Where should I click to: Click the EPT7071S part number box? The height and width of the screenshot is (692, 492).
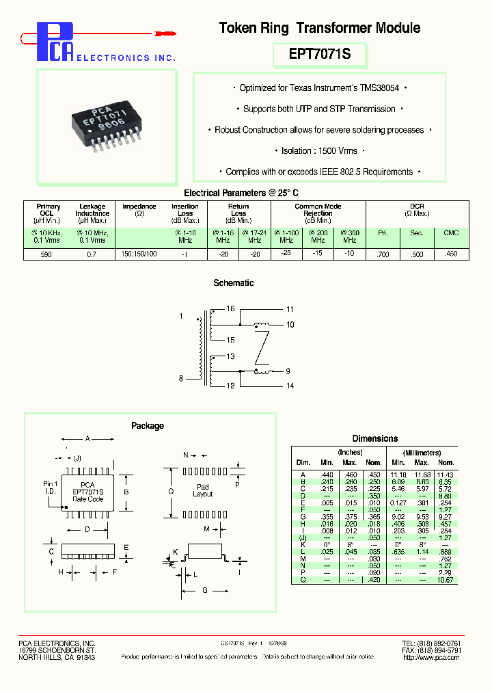[x=320, y=54]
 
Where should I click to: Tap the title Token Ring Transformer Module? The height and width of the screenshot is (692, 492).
[x=319, y=28]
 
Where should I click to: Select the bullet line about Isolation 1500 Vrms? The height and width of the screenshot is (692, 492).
[x=320, y=150]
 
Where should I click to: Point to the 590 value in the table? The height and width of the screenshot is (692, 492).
[x=48, y=254]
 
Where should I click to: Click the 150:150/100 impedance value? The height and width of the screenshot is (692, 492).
[x=139, y=254]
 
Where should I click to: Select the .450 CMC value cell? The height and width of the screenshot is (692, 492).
[x=450, y=254]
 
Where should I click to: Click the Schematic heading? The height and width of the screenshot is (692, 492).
[x=234, y=282]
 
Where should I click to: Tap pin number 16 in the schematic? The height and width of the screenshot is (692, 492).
[x=230, y=309]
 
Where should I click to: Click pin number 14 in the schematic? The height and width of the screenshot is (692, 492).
[x=290, y=386]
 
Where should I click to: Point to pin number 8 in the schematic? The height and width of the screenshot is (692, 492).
[x=181, y=378]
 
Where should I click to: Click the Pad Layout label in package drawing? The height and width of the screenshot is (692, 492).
[x=203, y=490]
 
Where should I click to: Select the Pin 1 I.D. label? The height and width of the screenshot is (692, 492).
[x=52, y=487]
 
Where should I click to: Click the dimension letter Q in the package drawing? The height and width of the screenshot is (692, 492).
[x=171, y=490]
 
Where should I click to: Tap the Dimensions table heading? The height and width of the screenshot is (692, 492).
[x=374, y=438]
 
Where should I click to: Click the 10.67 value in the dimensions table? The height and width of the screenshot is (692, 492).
[x=445, y=580]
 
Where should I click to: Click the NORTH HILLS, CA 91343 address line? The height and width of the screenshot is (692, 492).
[x=57, y=657]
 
